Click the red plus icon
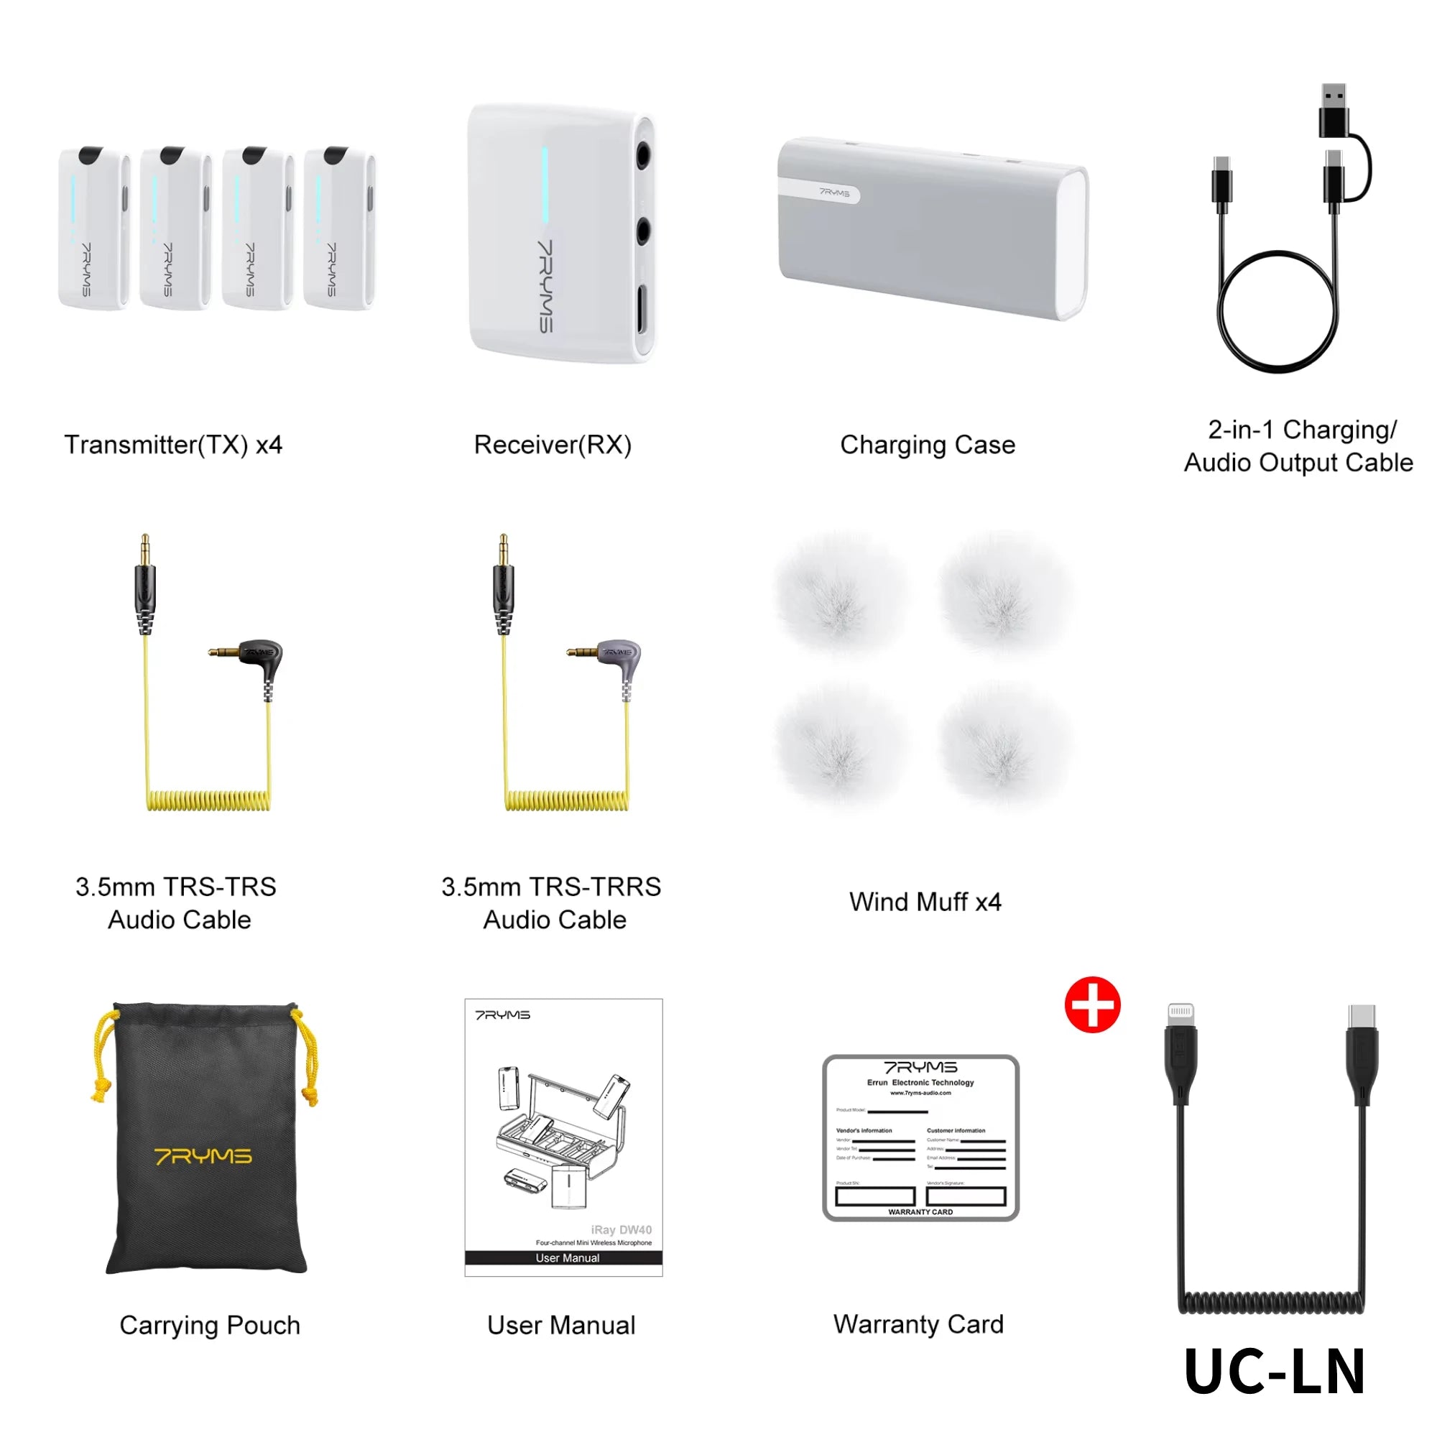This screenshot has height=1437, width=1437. click(1092, 1005)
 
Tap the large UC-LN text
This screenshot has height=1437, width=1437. click(1274, 1371)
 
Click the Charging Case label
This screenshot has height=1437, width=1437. click(927, 445)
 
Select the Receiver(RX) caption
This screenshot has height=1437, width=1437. click(553, 445)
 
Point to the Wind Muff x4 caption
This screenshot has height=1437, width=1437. click(925, 902)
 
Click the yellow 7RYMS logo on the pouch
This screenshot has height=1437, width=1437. click(203, 1156)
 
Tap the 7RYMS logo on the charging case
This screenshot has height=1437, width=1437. click(833, 193)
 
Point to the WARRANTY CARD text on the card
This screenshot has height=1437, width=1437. click(920, 1211)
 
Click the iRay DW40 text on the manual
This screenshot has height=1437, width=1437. click(621, 1229)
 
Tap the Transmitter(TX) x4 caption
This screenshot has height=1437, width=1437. click(173, 445)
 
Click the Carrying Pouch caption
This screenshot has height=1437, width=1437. click(210, 1325)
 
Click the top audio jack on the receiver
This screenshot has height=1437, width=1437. click(642, 157)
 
